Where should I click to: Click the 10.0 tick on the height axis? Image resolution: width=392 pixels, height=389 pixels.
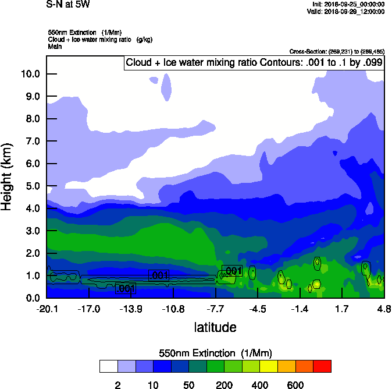point(30,74)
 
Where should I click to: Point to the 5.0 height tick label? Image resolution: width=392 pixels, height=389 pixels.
point(32,186)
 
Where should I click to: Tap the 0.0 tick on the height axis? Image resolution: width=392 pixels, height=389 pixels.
point(32,298)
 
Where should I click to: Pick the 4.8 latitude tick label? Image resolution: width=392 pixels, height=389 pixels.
point(384,309)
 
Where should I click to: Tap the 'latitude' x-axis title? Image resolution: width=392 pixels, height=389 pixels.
point(215,327)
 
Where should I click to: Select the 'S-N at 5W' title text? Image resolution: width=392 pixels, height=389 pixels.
point(68,5)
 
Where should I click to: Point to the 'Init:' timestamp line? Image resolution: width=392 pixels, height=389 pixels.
point(348,4)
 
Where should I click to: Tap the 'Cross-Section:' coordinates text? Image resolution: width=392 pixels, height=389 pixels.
point(337,51)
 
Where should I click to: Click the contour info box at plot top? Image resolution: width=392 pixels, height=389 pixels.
point(254,62)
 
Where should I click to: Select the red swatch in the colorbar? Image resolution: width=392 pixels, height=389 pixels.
point(322,366)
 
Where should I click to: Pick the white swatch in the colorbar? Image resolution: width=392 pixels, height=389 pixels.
point(108,366)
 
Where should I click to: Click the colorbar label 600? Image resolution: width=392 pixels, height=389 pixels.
point(295,385)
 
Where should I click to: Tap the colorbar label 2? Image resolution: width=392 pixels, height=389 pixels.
point(117,385)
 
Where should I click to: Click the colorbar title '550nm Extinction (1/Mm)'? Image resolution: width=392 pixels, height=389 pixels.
point(215,353)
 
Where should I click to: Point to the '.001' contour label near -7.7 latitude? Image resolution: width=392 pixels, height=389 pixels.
point(232,271)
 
